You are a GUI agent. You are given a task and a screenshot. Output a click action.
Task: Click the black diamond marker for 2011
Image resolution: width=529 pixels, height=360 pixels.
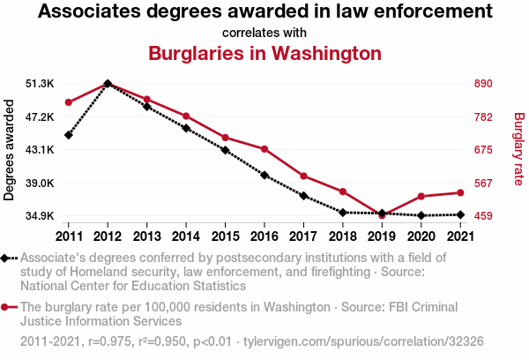pos(69,135)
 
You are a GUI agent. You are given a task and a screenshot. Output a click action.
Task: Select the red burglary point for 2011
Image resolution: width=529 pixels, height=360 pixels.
pos(69,102)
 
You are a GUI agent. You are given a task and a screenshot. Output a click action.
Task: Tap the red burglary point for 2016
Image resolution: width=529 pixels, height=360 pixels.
pos(264,148)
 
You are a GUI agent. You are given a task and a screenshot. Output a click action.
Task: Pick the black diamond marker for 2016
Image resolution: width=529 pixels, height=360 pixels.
pos(264,175)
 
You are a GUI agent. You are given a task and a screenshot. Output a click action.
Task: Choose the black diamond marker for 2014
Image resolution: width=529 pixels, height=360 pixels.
pos(186,128)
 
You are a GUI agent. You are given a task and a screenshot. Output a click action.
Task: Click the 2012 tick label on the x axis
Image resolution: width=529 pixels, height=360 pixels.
pos(108,236)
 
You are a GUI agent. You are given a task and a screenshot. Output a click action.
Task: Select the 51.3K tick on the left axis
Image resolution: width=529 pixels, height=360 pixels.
pos(41,84)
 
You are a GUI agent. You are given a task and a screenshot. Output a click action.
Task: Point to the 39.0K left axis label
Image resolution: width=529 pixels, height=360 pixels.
pos(41,183)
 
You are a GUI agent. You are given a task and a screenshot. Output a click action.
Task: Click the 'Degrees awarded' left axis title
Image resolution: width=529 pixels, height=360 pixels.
pos(10,150)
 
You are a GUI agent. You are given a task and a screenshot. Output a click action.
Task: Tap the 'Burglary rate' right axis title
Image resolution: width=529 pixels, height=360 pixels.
pos(518,149)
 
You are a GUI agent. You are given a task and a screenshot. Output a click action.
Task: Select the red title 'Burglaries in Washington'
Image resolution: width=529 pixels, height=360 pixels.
pos(264,53)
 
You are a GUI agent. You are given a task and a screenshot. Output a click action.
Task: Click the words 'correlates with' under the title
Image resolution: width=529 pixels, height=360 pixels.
pos(264,33)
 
